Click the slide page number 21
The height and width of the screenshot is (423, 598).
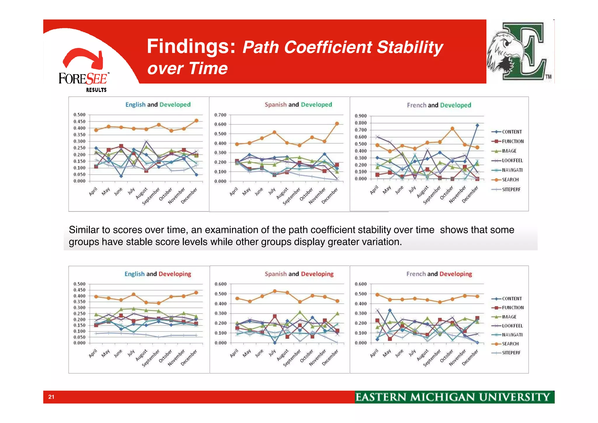[x=51, y=397]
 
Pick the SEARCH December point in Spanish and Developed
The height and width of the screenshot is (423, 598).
[x=337, y=124]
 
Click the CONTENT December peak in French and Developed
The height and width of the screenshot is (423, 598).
[x=477, y=125]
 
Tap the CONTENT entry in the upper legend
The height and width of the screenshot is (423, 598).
[x=512, y=132]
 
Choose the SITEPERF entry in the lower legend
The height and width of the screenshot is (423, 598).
[x=511, y=353]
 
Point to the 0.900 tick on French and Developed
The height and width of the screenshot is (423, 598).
[x=361, y=116]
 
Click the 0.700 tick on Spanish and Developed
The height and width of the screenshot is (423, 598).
[x=220, y=115]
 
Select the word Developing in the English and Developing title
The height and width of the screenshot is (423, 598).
[x=175, y=274]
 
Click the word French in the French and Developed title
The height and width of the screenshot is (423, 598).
[x=416, y=105]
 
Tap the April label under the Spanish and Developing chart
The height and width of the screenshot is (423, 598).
[x=234, y=353]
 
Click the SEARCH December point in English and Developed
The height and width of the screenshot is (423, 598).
[x=196, y=120]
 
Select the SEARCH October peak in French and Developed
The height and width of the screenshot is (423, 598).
[x=452, y=129]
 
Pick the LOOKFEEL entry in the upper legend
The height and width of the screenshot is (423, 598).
[x=512, y=160]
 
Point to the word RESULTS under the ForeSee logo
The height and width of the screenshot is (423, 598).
[x=96, y=90]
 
